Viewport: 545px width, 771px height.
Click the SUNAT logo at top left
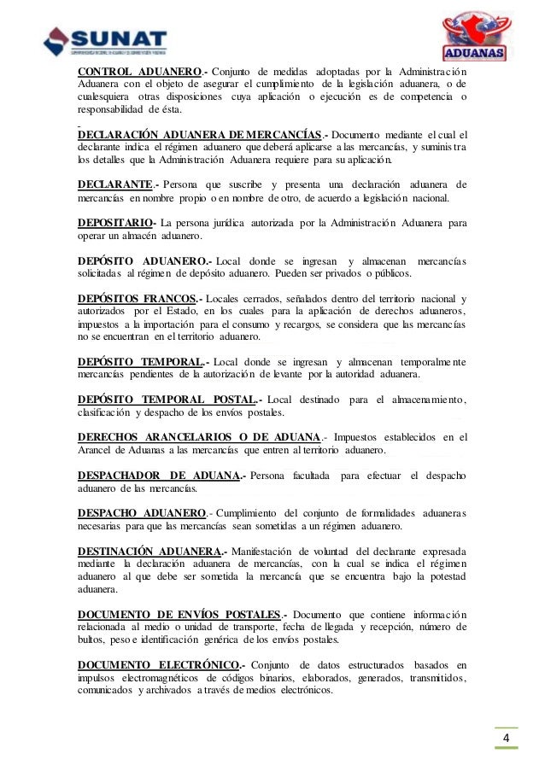point(105,39)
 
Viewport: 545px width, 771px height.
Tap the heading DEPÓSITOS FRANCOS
point(137,299)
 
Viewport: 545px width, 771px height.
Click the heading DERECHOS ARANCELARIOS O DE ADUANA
point(198,438)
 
